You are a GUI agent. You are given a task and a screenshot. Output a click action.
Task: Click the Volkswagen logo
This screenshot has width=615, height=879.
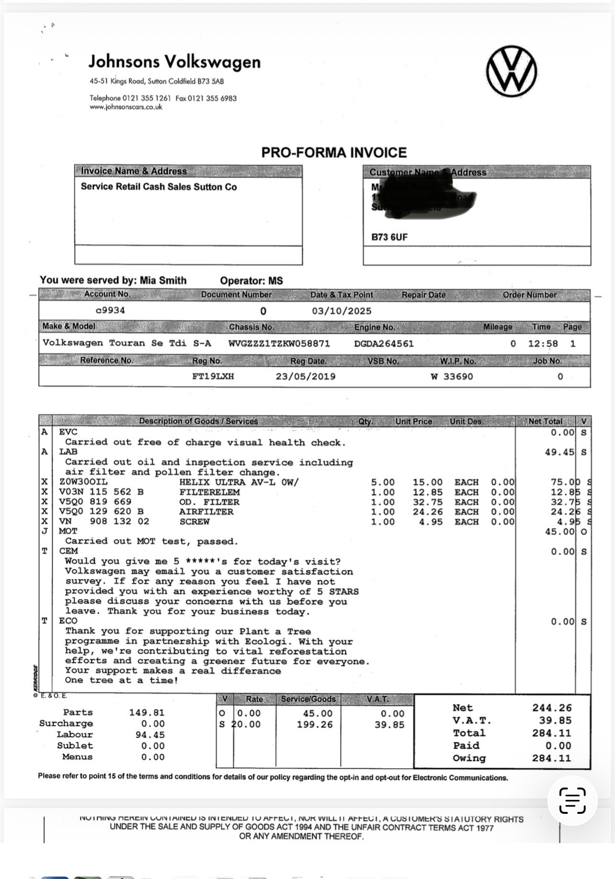point(511,71)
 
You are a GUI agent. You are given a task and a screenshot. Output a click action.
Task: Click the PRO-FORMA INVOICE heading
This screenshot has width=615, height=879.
point(334,152)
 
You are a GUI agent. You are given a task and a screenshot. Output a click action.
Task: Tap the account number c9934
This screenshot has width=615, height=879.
point(110,310)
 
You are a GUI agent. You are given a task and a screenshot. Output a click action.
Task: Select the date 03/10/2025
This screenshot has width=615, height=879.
point(342,311)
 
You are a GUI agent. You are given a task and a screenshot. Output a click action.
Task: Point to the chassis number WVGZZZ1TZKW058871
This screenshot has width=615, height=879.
point(279,343)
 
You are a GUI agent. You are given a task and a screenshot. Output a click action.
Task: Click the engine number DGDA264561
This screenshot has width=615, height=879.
point(384,343)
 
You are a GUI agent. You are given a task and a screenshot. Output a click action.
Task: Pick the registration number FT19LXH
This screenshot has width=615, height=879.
point(213,376)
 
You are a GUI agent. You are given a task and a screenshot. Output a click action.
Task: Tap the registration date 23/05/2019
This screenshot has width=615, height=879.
point(306,376)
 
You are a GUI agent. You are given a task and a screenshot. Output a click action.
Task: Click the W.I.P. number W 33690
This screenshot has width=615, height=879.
point(451,376)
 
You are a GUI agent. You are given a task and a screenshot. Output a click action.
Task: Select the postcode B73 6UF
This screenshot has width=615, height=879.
point(389,237)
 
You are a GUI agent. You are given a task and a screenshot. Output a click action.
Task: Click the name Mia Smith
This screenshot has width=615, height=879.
point(163,280)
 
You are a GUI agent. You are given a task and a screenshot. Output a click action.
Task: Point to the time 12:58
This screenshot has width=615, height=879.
point(543,343)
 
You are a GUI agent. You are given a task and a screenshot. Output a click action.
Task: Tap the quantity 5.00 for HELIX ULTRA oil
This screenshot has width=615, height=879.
point(383,482)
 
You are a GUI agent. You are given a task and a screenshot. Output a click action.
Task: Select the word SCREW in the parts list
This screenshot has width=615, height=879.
point(194,521)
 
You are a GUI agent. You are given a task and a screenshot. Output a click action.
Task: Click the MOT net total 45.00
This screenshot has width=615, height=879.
point(559,531)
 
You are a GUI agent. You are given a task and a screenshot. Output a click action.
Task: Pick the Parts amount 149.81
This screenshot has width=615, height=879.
point(147,713)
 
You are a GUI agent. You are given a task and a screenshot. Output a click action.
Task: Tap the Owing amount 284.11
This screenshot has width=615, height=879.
point(551,758)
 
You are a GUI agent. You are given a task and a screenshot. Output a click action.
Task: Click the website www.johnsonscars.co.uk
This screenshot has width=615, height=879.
point(126,107)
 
